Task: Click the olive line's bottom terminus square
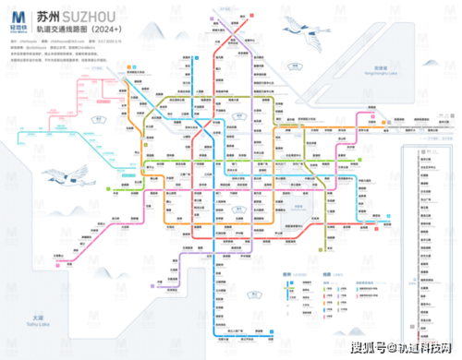click(217, 340)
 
